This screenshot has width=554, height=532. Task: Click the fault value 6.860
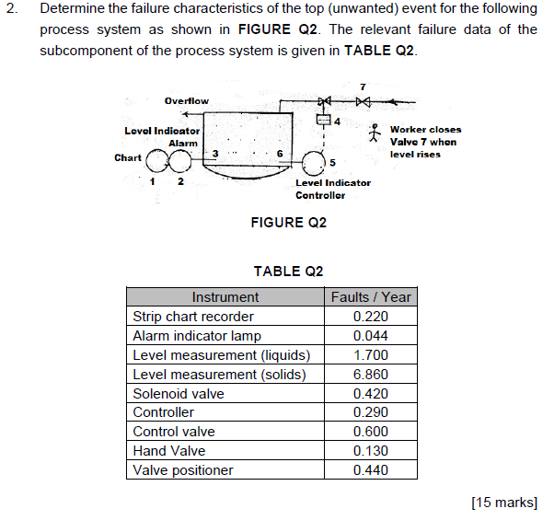[371, 375]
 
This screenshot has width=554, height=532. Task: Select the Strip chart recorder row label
[193, 317]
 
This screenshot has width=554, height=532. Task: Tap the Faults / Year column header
[371, 296]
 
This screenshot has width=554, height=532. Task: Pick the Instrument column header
[225, 296]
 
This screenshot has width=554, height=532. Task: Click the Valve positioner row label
[183, 470]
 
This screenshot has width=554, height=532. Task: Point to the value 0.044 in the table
[371, 336]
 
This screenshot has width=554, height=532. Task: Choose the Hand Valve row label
[169, 451]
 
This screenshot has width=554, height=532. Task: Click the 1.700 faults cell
[371, 355]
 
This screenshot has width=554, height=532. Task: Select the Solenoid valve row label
[179, 394]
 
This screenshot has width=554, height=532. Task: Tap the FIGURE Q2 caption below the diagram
[288, 223]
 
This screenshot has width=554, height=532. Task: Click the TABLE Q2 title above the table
[288, 271]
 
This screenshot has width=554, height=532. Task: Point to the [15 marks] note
[503, 503]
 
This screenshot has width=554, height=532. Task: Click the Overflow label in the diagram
[186, 100]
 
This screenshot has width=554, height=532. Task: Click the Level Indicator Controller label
[332, 189]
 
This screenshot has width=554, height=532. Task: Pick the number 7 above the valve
[363, 86]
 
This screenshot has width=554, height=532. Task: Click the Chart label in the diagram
[127, 157]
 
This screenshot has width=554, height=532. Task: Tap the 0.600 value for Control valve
[371, 432]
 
